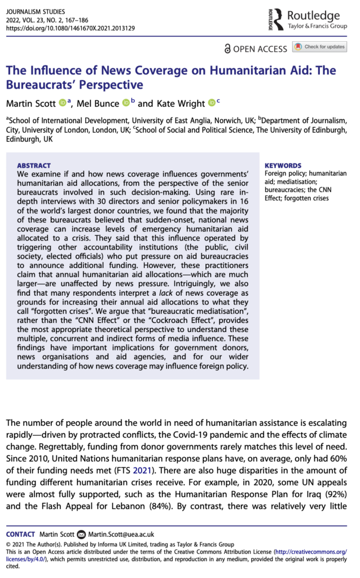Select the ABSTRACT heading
[x=34, y=166]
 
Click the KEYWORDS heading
[x=283, y=166]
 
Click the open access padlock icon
[x=227, y=49]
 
